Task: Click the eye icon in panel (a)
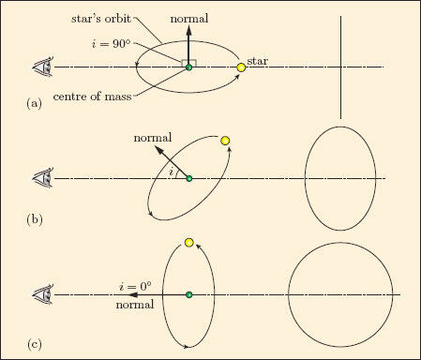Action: point(43,67)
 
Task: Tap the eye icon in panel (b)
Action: point(43,178)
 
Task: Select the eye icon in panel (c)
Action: point(43,294)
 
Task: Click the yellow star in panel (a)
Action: point(241,67)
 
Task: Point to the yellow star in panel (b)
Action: point(225,141)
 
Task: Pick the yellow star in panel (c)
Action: point(188,243)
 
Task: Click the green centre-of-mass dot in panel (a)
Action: point(188,67)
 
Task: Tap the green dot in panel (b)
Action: point(188,178)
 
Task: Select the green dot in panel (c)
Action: point(188,294)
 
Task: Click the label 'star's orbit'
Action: point(101,19)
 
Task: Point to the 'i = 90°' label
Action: point(112,44)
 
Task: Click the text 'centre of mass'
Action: point(92,97)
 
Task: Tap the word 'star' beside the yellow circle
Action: point(258,61)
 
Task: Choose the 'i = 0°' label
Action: point(135,286)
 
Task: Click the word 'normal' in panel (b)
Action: point(153,138)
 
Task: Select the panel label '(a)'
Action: point(34,104)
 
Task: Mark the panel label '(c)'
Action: point(34,344)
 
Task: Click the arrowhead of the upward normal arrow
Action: point(188,30)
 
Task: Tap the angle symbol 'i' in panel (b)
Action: point(171,172)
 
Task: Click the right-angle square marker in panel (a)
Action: point(188,63)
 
